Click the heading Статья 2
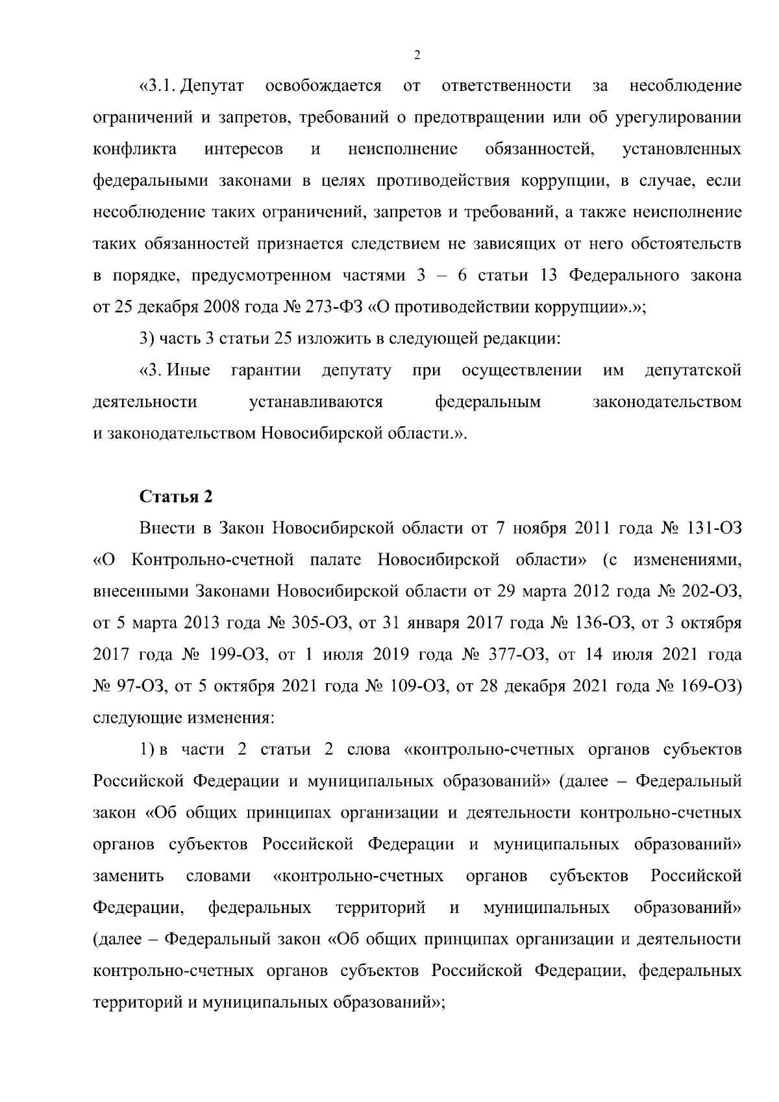(176, 497)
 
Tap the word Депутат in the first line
(212, 86)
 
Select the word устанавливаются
(315, 403)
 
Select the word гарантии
(266, 371)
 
